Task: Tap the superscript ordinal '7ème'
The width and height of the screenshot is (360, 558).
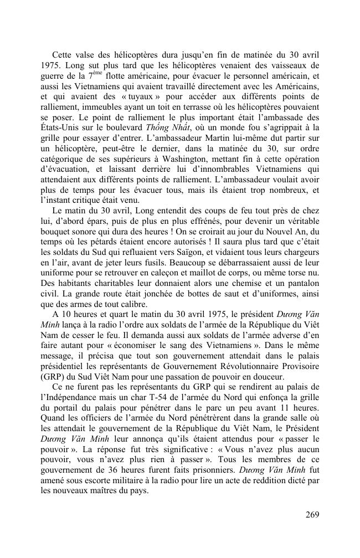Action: [92, 75]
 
